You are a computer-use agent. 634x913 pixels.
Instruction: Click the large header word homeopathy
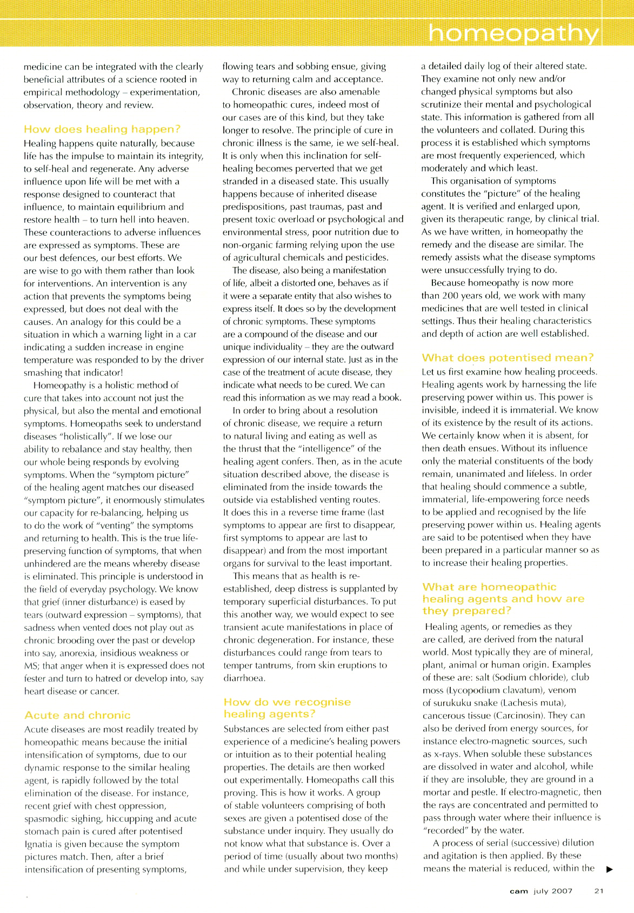[x=513, y=34]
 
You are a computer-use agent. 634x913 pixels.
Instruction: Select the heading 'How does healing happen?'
[x=102, y=129]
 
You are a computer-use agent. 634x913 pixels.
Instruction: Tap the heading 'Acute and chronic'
[x=77, y=715]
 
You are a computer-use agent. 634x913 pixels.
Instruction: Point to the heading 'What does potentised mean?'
[x=508, y=358]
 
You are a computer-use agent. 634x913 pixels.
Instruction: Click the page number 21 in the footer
[x=599, y=891]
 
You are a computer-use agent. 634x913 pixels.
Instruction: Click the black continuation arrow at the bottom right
[x=610, y=869]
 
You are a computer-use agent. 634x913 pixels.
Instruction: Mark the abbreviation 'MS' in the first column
[x=31, y=665]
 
